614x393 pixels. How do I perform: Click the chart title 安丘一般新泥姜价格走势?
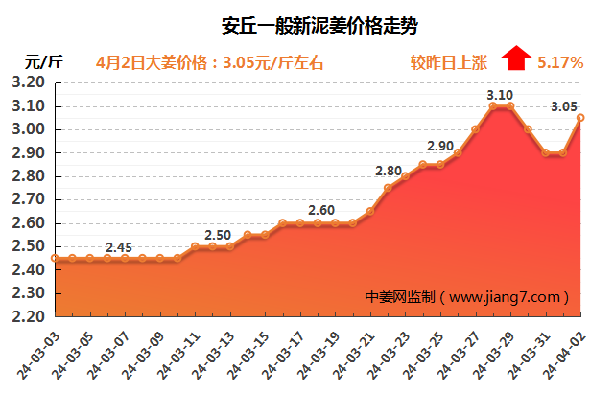(313, 21)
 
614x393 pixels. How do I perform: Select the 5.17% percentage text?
(560, 62)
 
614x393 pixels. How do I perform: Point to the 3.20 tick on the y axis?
(29, 83)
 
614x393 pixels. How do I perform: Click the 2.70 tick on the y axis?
(29, 199)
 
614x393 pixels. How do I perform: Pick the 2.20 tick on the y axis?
(29, 316)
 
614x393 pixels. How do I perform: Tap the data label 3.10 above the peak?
(499, 95)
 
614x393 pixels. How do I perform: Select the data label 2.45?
(119, 247)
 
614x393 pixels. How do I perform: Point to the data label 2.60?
(322, 211)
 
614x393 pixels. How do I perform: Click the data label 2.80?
(389, 171)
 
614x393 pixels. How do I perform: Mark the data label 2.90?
(440, 146)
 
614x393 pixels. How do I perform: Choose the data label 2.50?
(218, 235)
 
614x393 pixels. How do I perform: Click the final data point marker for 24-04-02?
(579, 118)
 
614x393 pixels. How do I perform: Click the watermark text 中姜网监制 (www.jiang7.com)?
(468, 297)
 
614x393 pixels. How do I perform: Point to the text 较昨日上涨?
(449, 62)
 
